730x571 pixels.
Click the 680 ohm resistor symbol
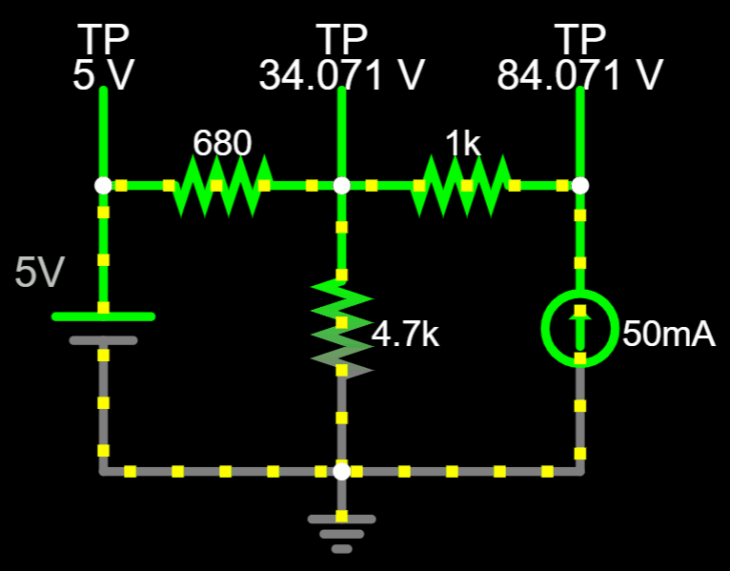coord(222,185)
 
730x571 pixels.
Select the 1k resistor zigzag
coord(461,185)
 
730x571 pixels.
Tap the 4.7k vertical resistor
coord(341,327)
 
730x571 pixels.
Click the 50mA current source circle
coord(579,328)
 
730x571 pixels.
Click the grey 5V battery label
coord(39,275)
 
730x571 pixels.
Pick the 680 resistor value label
coord(222,143)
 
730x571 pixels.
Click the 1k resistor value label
coord(463,143)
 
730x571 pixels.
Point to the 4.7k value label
coord(405,335)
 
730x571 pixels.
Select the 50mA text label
coord(669,334)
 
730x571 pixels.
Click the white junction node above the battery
coord(103,185)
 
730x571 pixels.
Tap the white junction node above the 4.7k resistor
coord(341,185)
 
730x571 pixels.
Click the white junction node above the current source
coord(579,185)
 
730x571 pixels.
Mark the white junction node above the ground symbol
coord(341,471)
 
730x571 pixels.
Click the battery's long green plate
coord(103,316)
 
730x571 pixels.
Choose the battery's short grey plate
coord(103,340)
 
